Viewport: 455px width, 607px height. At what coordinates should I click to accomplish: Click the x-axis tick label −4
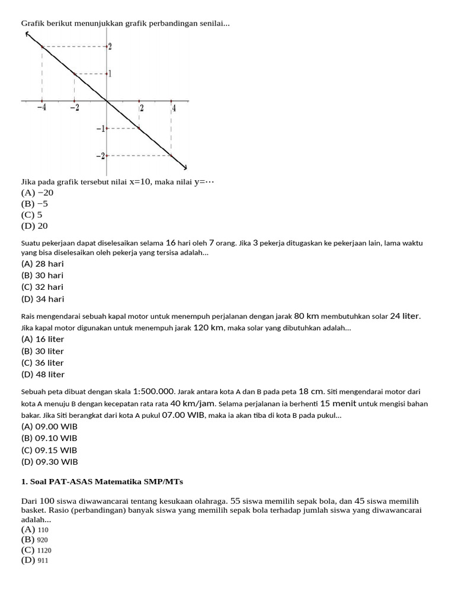click(41, 108)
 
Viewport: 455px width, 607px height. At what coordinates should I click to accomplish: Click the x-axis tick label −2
click(73, 108)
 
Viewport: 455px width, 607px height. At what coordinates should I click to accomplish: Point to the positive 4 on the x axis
click(174, 108)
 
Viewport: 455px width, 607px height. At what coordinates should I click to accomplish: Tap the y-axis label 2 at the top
click(110, 46)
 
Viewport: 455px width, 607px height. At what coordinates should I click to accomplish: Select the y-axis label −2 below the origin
click(101, 156)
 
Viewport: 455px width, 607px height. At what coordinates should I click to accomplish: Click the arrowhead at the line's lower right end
click(184, 166)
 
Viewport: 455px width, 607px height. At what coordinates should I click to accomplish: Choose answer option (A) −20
click(37, 193)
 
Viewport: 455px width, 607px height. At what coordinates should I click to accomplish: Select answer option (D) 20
click(34, 226)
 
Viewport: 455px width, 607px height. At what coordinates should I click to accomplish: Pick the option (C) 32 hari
click(42, 287)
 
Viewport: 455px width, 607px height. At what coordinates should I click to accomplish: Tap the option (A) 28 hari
click(42, 264)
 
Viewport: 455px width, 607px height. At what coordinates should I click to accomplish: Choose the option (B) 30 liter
click(43, 351)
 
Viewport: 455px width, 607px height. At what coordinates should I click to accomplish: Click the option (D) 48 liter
click(43, 375)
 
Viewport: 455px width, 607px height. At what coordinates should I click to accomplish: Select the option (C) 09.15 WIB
click(49, 450)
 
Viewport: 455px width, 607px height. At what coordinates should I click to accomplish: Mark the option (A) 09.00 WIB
click(49, 426)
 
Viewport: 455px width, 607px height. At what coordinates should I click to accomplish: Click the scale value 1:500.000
click(155, 391)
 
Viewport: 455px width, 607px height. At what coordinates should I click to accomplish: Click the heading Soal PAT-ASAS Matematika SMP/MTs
click(106, 481)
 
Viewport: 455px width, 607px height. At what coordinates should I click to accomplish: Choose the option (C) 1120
click(36, 550)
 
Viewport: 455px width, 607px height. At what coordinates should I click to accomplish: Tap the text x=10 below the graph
click(141, 182)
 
